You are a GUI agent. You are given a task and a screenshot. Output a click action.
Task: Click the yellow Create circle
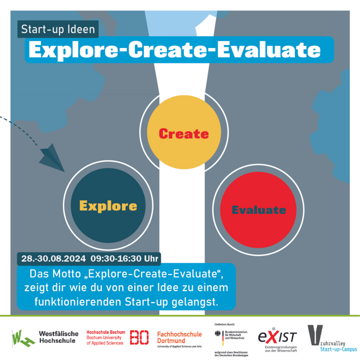(x=184, y=132)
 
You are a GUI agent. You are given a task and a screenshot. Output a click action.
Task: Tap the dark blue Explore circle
(x=108, y=205)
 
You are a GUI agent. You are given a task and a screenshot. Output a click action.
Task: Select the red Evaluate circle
(x=258, y=210)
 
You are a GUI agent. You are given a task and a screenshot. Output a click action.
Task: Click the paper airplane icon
(x=52, y=158)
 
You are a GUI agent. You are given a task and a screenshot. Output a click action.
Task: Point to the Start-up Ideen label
(x=58, y=29)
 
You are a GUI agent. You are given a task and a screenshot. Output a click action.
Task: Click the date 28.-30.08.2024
(x=53, y=259)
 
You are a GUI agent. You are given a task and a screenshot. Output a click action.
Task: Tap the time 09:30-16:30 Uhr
(x=124, y=259)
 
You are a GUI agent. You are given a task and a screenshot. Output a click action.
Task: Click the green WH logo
(x=23, y=338)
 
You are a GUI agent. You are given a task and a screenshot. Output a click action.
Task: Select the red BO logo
(x=139, y=337)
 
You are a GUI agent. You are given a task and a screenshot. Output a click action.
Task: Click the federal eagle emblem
(x=217, y=334)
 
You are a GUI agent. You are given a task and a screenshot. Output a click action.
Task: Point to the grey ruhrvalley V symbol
(x=315, y=335)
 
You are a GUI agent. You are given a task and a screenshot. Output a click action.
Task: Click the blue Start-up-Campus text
(x=338, y=349)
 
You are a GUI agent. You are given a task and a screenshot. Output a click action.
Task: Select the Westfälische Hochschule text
(x=59, y=337)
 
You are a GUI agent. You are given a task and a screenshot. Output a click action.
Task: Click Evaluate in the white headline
(x=269, y=50)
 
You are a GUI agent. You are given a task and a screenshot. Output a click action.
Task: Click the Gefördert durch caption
(x=225, y=324)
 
